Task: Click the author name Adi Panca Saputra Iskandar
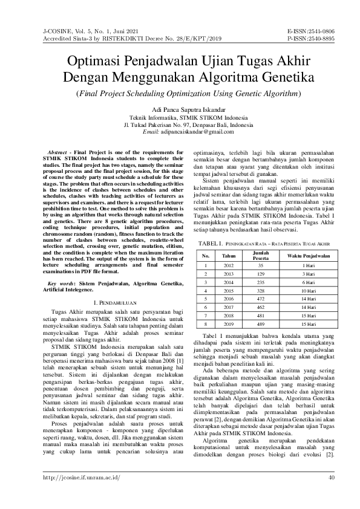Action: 180,110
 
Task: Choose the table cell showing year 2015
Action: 228,290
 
